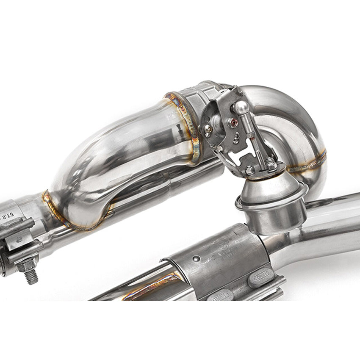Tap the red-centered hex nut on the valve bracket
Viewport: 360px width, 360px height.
point(233,123)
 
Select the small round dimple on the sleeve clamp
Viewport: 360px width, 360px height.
point(196,258)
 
